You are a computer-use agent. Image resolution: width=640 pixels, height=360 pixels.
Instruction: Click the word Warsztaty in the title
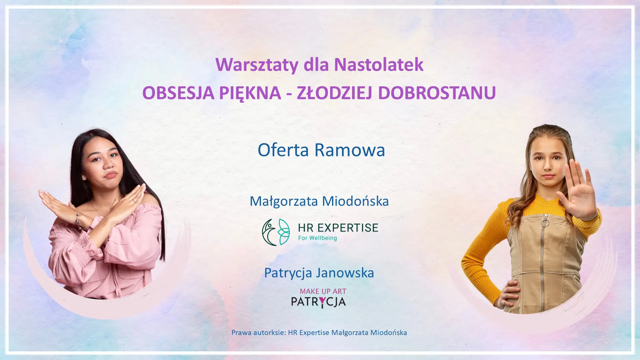pos(257,65)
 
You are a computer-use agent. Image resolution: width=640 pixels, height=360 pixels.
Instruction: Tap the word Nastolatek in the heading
pos(379,64)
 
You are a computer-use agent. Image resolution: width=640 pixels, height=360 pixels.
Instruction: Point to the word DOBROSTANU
pos(437,93)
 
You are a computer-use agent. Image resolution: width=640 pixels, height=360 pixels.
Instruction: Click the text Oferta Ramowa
pos(321,150)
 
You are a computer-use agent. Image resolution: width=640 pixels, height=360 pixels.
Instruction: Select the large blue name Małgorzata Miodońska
pos(319,201)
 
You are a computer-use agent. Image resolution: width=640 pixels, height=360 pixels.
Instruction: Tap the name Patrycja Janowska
pos(319,273)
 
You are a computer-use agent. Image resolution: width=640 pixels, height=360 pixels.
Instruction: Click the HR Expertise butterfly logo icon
pos(276,232)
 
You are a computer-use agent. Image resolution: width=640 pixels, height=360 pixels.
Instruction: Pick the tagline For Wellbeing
pos(317,238)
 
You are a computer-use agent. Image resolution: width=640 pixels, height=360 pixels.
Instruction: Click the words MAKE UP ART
pos(323,291)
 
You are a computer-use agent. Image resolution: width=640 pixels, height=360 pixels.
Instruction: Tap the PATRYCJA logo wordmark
pos(318,302)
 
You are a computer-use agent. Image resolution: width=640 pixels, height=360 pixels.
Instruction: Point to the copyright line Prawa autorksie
pos(319,333)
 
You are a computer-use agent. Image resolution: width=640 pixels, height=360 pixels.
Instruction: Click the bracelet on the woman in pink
pos(79,221)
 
